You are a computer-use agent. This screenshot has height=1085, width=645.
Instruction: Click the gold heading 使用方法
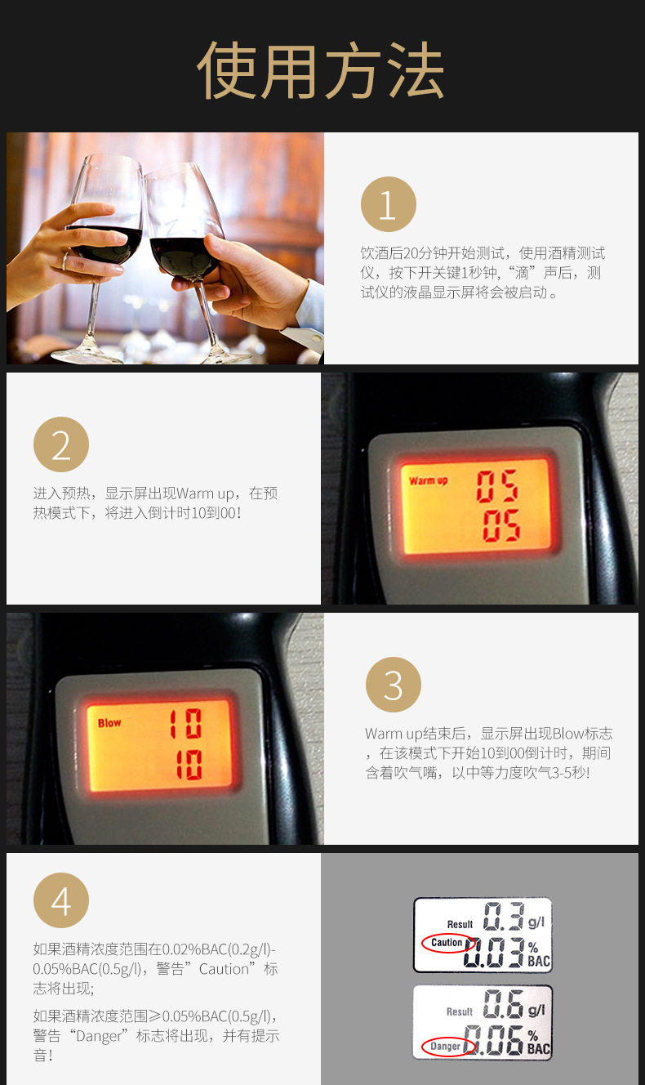point(321,70)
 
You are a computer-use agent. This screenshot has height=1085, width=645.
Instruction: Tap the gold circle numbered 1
point(388,204)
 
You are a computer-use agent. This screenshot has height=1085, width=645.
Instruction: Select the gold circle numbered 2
point(61,444)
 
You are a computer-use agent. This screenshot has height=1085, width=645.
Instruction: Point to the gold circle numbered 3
point(394,685)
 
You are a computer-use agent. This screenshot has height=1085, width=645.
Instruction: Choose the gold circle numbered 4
point(61,900)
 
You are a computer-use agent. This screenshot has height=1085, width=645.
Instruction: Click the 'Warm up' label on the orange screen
point(428,480)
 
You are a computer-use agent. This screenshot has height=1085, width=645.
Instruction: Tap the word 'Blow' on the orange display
point(109,723)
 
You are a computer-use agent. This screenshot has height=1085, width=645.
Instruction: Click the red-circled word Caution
point(447,942)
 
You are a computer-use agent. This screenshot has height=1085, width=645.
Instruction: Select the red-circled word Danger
point(445,1047)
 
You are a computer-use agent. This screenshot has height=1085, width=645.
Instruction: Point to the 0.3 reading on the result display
point(504,916)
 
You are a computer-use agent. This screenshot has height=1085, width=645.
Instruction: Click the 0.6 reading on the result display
point(503,1003)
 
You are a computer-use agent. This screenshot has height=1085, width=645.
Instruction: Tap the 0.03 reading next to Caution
point(494,953)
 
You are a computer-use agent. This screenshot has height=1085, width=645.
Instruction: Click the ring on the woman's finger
point(65,261)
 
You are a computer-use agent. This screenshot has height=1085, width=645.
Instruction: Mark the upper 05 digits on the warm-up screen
point(497,486)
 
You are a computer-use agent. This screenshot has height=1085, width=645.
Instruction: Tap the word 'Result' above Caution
point(460,924)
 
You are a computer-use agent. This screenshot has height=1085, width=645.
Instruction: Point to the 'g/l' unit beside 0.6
point(536,1010)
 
